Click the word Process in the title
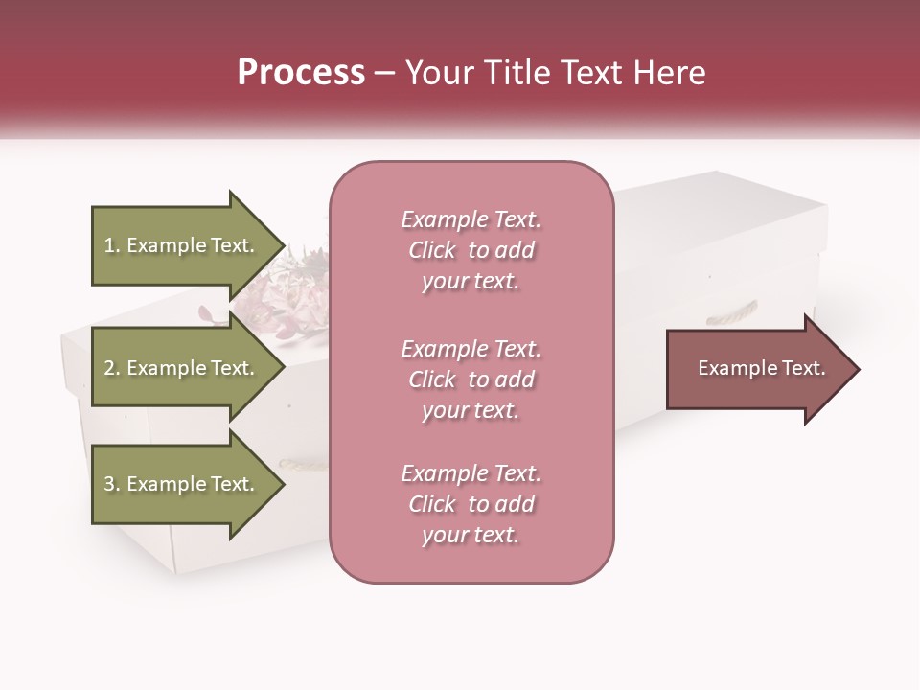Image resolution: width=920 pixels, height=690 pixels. click(x=301, y=73)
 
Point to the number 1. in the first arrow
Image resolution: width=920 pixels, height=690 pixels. click(x=112, y=246)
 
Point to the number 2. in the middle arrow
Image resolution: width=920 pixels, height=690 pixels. click(x=112, y=369)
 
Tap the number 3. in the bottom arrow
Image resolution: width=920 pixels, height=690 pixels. click(x=112, y=485)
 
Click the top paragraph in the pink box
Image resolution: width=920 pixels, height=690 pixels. click(x=471, y=250)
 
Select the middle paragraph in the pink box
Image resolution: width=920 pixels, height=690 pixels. click(x=471, y=379)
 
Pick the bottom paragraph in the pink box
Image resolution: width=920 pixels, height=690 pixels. click(x=471, y=504)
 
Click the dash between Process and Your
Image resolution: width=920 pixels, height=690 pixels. click(x=385, y=74)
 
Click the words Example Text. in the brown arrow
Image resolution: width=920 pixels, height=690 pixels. click(x=762, y=368)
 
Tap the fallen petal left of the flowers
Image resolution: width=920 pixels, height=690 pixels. click(x=206, y=312)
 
